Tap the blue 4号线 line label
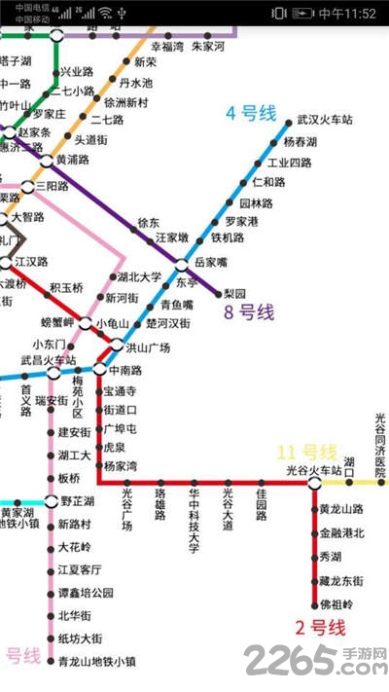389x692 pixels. tap(253, 114)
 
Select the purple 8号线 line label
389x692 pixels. tap(249, 312)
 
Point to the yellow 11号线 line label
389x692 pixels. tap(306, 452)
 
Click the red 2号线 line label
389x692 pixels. tap(321, 628)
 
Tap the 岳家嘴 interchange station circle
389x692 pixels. tap(182, 265)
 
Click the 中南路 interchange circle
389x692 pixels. tap(100, 369)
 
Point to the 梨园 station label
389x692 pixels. tap(235, 293)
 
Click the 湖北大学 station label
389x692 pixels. tap(139, 277)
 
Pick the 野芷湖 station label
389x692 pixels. tap(77, 501)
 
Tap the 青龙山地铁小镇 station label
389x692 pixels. tap(96, 662)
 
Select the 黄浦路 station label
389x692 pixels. tap(72, 160)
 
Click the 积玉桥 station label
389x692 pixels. tap(66, 287)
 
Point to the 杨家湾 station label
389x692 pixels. tap(121, 465)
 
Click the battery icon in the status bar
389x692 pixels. tap(303, 13)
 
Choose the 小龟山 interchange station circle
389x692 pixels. tap(87, 323)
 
